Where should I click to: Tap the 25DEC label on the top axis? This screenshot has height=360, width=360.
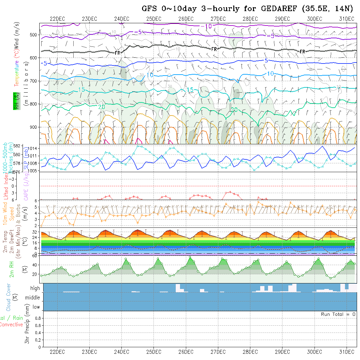tap(153, 19)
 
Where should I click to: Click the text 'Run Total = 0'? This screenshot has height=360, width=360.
tap(338, 314)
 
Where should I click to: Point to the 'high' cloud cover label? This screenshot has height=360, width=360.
tap(35, 288)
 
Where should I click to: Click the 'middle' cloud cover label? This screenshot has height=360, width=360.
tap(33, 298)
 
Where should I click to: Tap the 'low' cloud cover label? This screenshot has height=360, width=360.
tap(36, 307)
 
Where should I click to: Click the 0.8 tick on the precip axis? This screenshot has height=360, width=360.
tap(37, 318)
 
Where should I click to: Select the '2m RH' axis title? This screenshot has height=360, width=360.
tap(12, 269)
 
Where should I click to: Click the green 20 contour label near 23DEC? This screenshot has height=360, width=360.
tap(101, 107)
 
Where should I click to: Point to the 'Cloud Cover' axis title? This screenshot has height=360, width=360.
tap(8, 297)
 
